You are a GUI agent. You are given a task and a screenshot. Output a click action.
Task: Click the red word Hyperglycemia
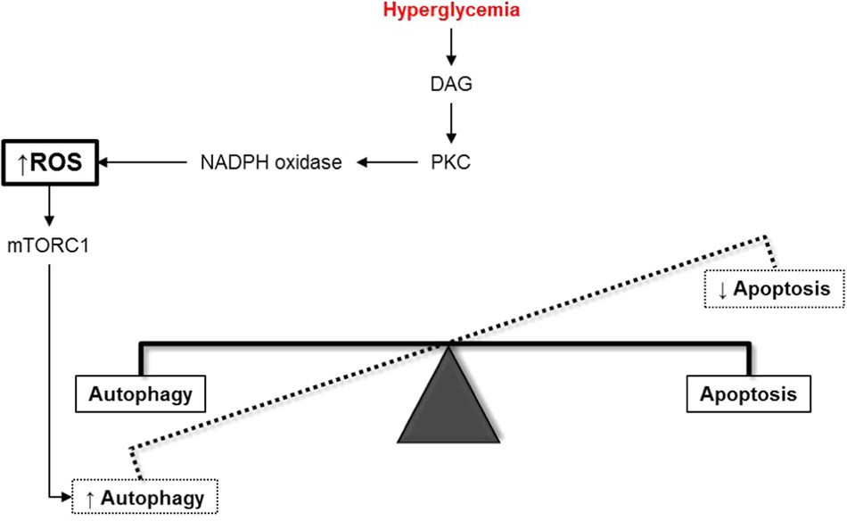(x=450, y=12)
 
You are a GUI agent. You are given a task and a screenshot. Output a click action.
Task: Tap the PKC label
(x=450, y=162)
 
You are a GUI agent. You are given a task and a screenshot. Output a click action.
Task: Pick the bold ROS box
(x=50, y=162)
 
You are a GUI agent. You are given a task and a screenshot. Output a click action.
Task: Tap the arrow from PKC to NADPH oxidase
(x=391, y=162)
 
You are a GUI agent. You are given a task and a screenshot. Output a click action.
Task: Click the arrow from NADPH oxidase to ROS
(x=143, y=162)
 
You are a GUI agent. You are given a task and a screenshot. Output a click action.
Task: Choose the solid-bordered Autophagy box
(x=140, y=393)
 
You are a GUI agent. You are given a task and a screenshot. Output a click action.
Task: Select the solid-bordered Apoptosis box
(x=747, y=393)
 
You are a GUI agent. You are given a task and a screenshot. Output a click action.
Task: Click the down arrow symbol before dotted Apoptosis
(x=722, y=289)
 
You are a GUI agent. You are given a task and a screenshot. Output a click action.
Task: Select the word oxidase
(x=312, y=162)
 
